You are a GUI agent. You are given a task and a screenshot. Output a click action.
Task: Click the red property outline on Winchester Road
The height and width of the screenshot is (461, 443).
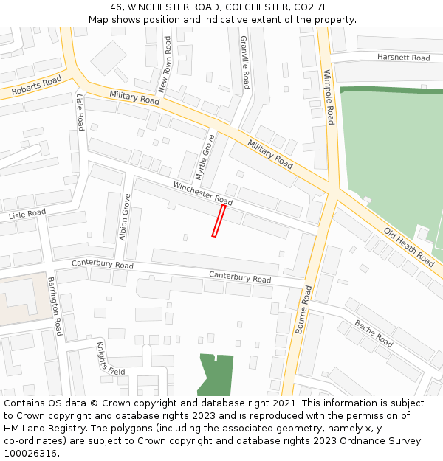(219, 221)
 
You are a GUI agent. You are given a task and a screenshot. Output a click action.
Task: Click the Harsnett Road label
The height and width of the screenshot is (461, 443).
(403, 58)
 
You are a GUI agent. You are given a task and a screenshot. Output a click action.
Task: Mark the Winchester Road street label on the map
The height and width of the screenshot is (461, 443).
(203, 193)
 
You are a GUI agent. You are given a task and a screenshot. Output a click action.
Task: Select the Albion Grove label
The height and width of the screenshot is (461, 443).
(125, 218)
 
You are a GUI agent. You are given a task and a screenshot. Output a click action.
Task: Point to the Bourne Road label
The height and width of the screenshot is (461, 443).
(303, 311)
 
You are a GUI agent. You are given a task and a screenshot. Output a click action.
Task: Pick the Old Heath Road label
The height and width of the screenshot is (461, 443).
(408, 247)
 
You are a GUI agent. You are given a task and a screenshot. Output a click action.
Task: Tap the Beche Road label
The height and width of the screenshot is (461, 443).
(374, 333)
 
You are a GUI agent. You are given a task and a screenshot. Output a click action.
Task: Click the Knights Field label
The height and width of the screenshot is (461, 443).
(111, 358)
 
